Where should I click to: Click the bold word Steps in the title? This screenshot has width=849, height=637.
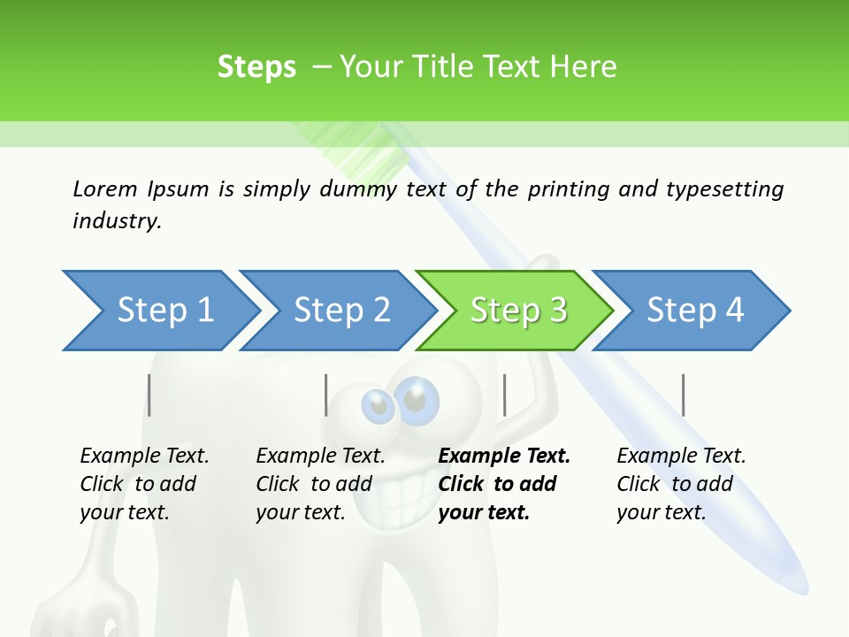(x=256, y=67)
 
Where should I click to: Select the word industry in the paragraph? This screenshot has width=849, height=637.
(x=116, y=220)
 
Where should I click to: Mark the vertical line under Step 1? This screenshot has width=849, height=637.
(x=149, y=395)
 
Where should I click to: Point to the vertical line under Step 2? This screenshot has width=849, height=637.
(x=326, y=395)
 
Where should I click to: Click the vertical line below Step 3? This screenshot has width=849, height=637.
(x=504, y=395)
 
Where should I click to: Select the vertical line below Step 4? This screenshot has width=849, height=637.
(x=683, y=395)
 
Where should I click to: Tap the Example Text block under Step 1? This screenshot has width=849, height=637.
(x=144, y=483)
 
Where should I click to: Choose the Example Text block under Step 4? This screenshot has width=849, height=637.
(x=681, y=483)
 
